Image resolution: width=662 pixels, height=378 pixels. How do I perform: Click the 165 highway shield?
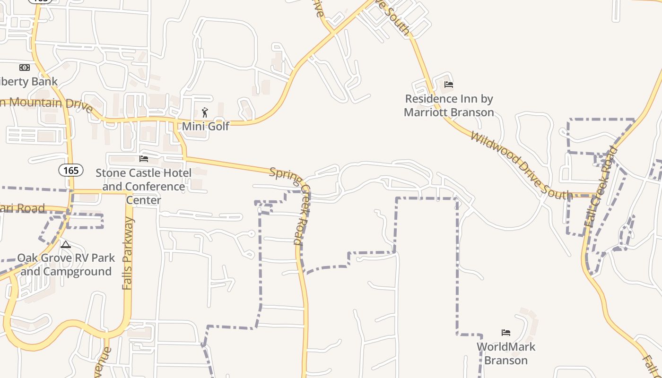71,170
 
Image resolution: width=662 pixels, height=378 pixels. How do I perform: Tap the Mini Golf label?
205,126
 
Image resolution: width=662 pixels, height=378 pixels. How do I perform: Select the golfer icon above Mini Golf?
205,112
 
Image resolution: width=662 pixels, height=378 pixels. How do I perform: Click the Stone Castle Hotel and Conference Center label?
144,186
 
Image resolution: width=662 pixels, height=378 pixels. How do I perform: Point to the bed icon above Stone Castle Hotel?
144,159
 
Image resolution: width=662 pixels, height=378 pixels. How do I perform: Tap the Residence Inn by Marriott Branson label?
449,105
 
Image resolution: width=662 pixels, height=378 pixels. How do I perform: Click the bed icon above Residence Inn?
449,85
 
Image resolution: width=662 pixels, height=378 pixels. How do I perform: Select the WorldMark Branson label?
506,353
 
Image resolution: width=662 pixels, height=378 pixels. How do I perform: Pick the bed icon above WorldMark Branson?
506,333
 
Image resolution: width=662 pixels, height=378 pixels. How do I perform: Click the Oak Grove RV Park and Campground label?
66,265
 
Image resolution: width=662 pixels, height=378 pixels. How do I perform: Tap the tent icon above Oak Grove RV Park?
66,244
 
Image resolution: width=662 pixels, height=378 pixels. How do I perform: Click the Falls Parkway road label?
128,253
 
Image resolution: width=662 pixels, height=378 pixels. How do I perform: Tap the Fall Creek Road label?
601,187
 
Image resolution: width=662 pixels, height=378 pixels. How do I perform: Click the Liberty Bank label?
28,81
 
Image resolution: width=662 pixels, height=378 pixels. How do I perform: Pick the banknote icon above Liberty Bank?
24,68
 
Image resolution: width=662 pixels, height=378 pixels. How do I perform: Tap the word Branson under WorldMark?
506,360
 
